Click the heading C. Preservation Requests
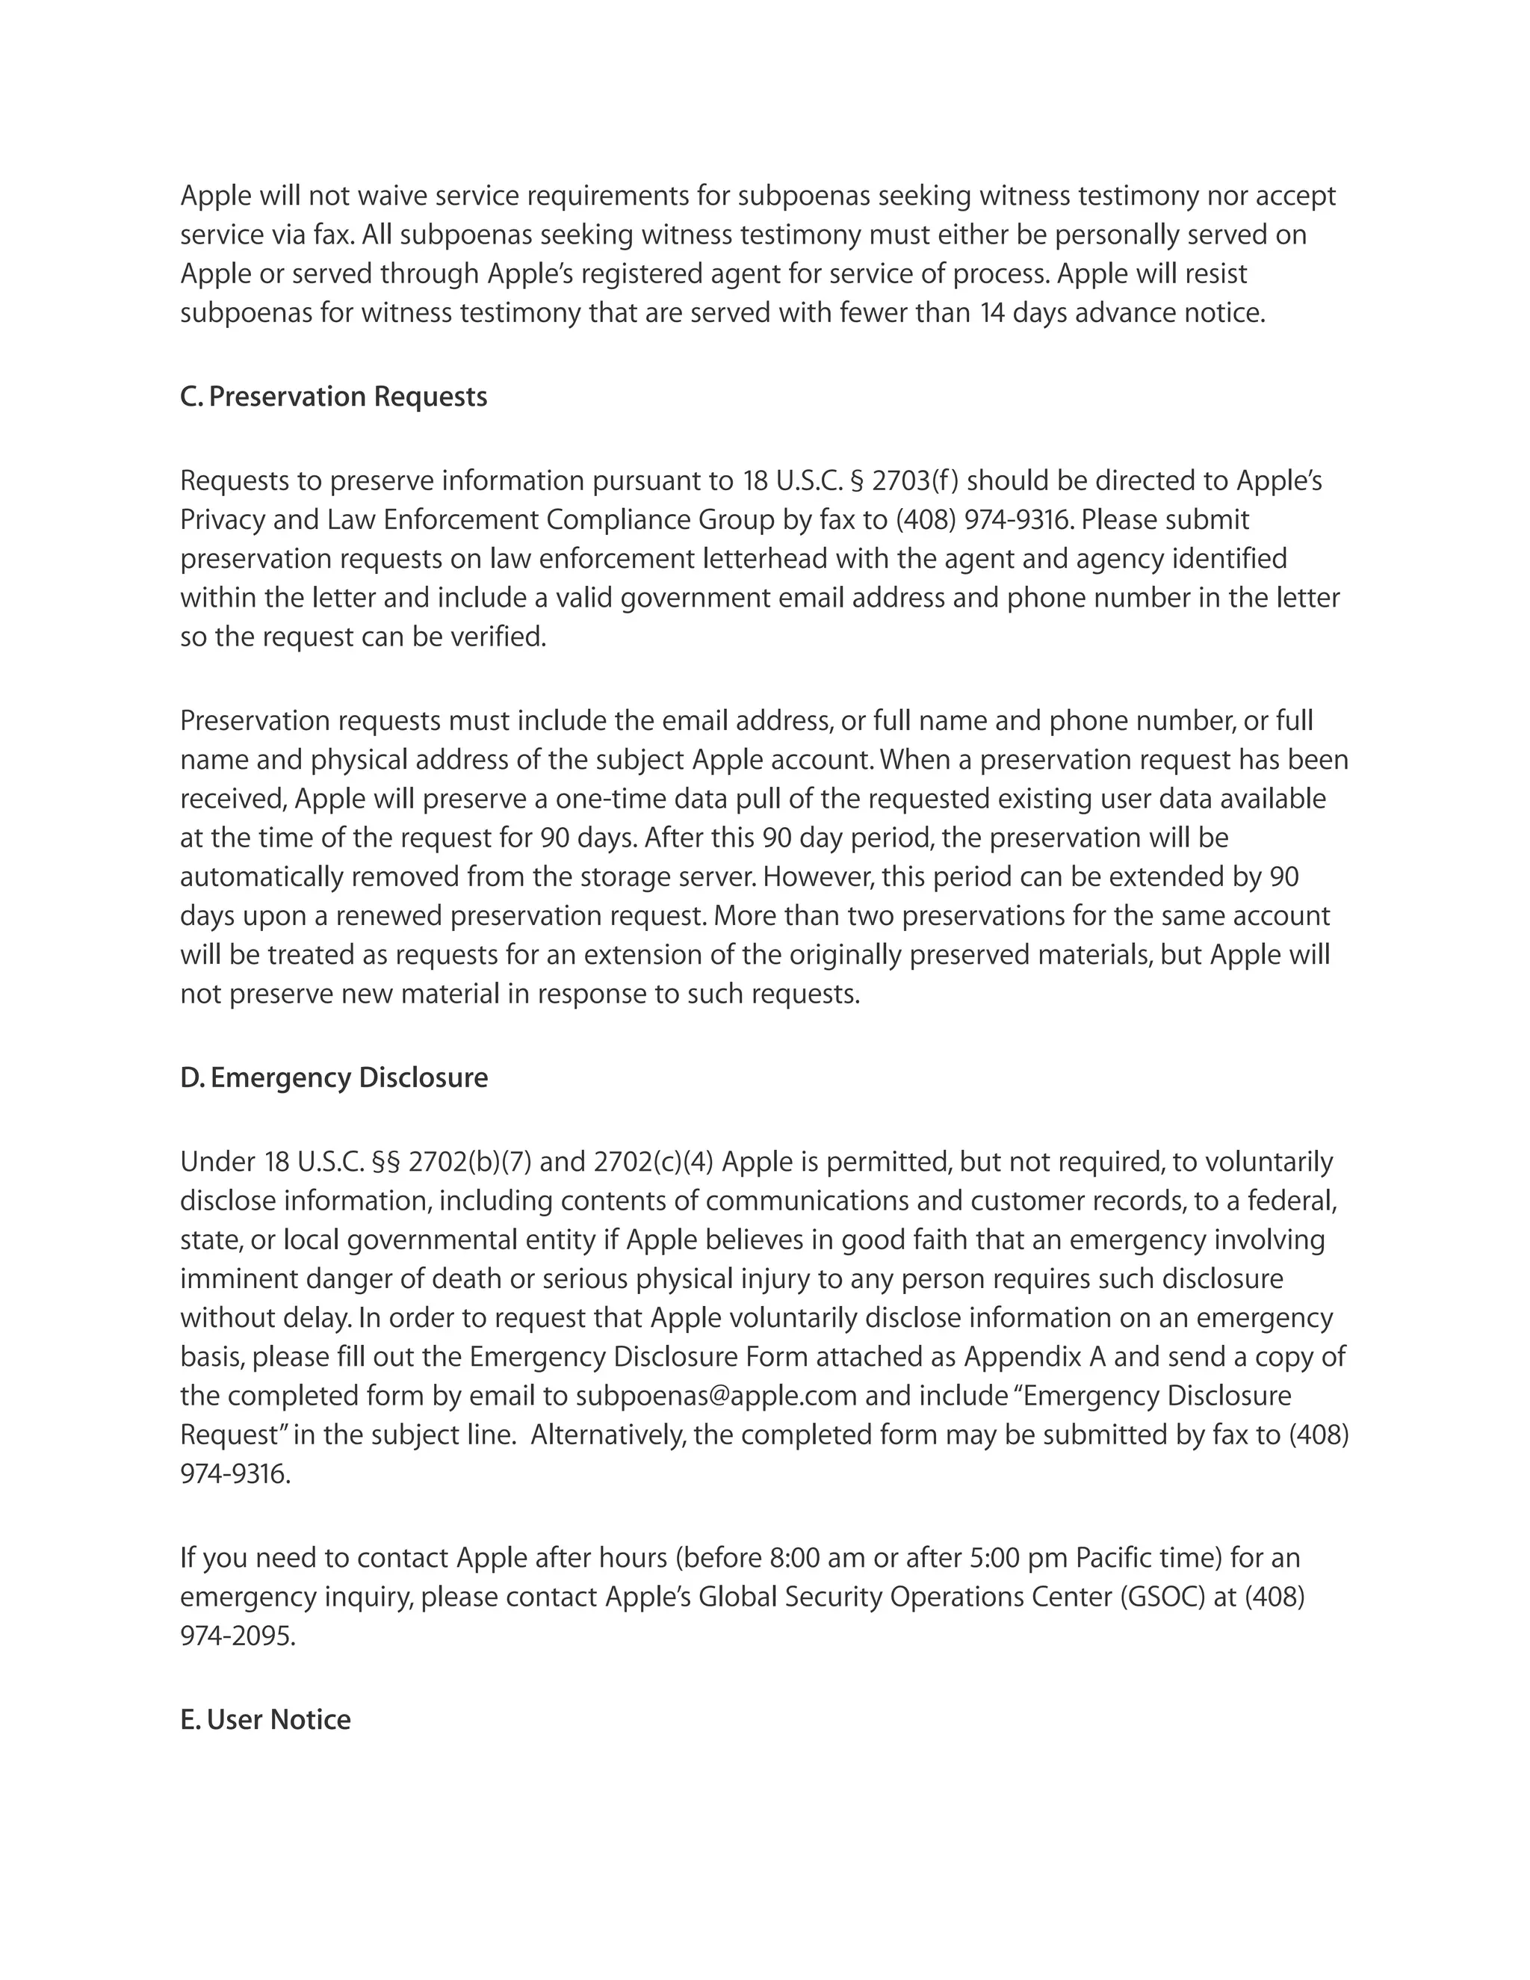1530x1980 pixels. click(x=333, y=397)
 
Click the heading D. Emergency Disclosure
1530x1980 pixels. click(x=333, y=1078)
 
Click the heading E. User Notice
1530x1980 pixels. click(x=264, y=1720)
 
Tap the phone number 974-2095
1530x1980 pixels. click(x=238, y=1636)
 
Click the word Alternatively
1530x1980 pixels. click(x=607, y=1435)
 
